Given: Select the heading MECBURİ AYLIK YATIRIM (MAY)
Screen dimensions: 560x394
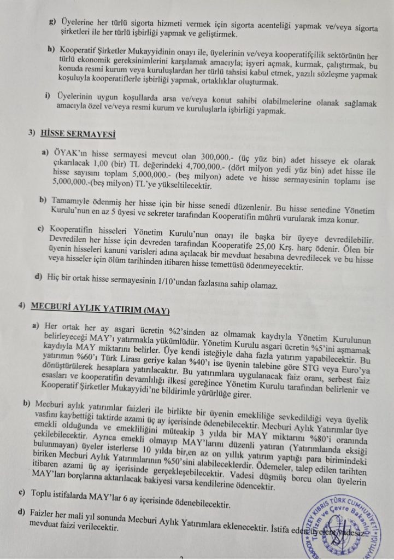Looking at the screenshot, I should coord(101,311).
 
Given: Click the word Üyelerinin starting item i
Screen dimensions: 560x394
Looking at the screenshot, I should coord(78,95).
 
